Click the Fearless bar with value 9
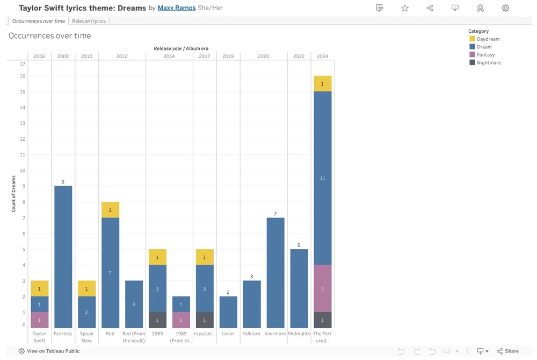click(63, 257)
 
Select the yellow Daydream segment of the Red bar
click(110, 210)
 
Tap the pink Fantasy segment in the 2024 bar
click(322, 289)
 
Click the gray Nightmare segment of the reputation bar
click(205, 320)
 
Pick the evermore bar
click(275, 272)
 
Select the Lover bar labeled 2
click(228, 312)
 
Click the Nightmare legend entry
click(488, 63)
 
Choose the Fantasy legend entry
click(485, 55)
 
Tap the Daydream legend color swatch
click(472, 39)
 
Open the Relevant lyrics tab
click(89, 21)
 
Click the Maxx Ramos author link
click(176, 8)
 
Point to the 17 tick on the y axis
click(23, 64)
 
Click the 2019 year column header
click(228, 56)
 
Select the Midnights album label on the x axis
click(299, 334)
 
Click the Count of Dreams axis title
click(14, 194)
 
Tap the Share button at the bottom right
click(507, 351)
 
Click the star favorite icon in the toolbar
click(405, 8)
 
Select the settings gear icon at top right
click(505, 8)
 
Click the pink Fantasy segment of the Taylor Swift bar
click(39, 320)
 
